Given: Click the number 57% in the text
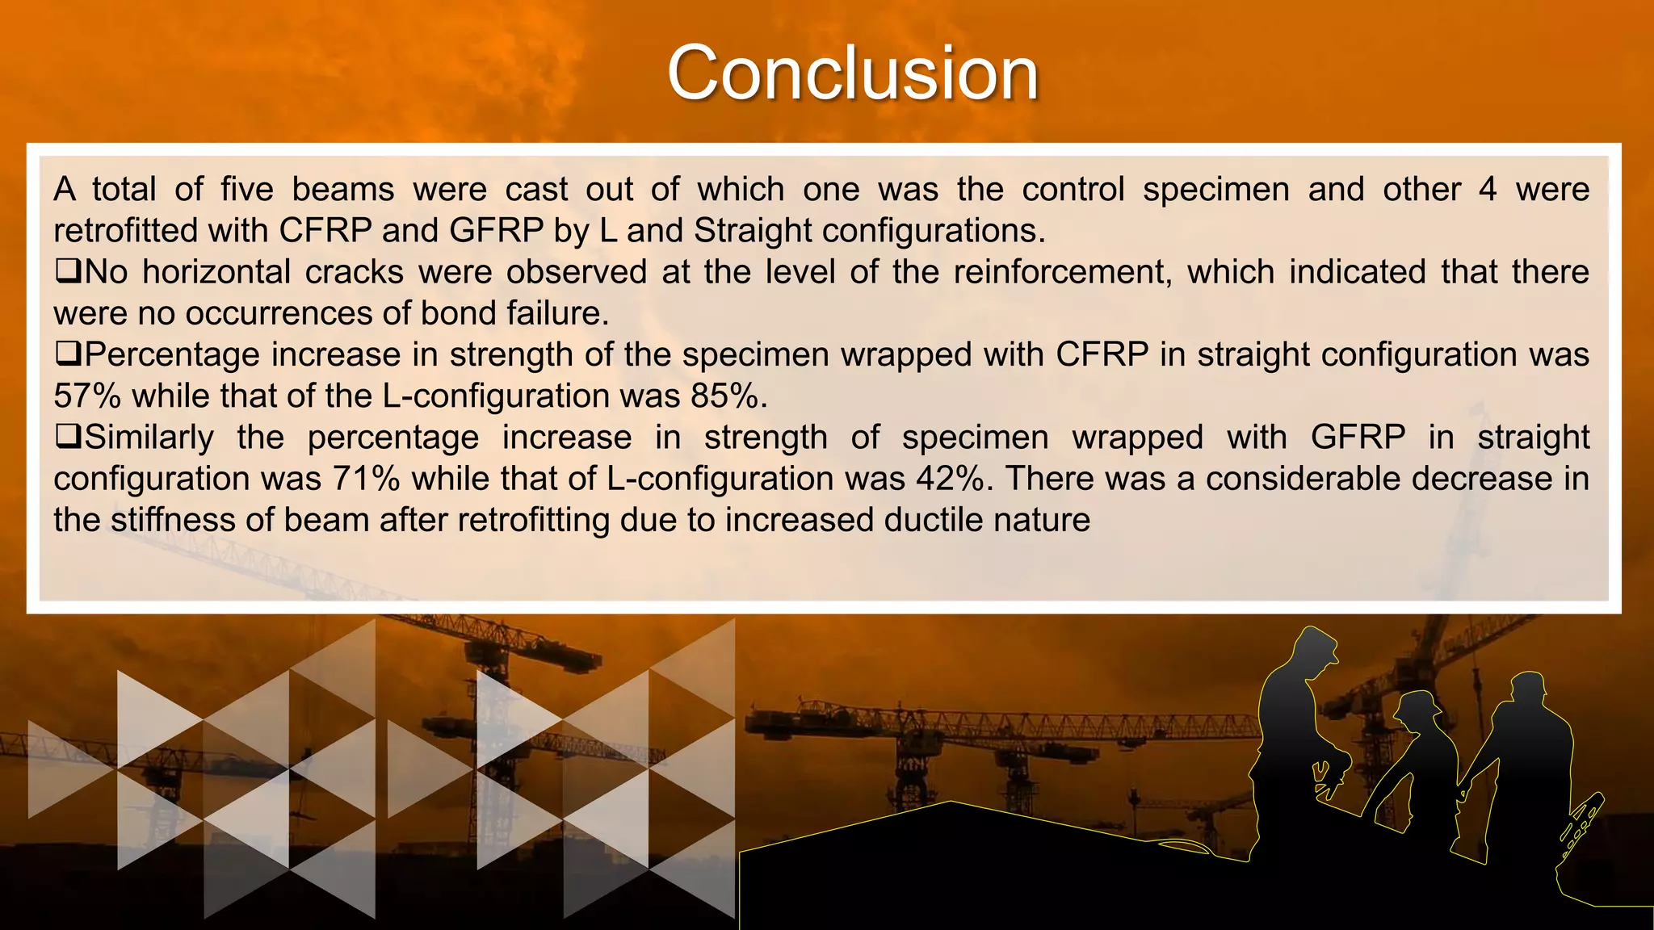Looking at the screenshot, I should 87,396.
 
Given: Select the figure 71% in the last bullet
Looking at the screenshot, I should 366,479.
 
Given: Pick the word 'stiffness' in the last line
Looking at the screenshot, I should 173,520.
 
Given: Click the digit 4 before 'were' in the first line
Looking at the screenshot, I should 1488,190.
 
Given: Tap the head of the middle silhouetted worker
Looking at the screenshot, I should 1421,710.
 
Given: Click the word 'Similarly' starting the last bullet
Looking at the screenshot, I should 149,438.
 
